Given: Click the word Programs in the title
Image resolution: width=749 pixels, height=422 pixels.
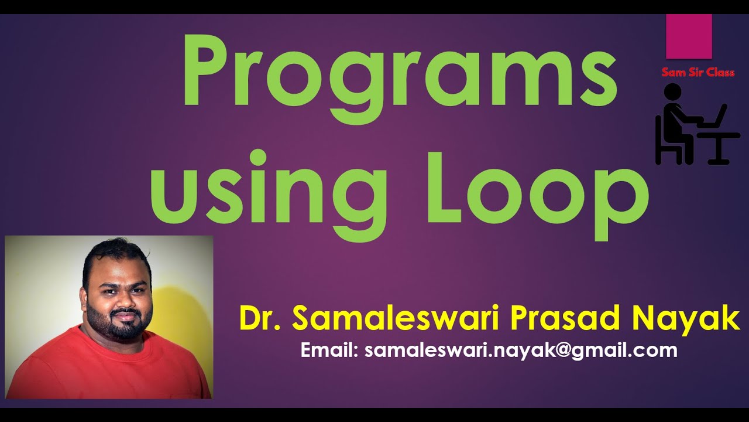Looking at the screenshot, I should point(401,73).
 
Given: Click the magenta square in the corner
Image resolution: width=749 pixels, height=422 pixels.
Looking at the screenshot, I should point(689,36).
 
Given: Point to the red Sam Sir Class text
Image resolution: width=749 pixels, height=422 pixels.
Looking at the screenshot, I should point(698,73).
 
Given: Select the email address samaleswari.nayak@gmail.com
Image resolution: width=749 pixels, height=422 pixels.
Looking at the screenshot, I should point(521,350).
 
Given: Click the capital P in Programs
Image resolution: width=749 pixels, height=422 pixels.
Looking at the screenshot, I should point(205,70).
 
